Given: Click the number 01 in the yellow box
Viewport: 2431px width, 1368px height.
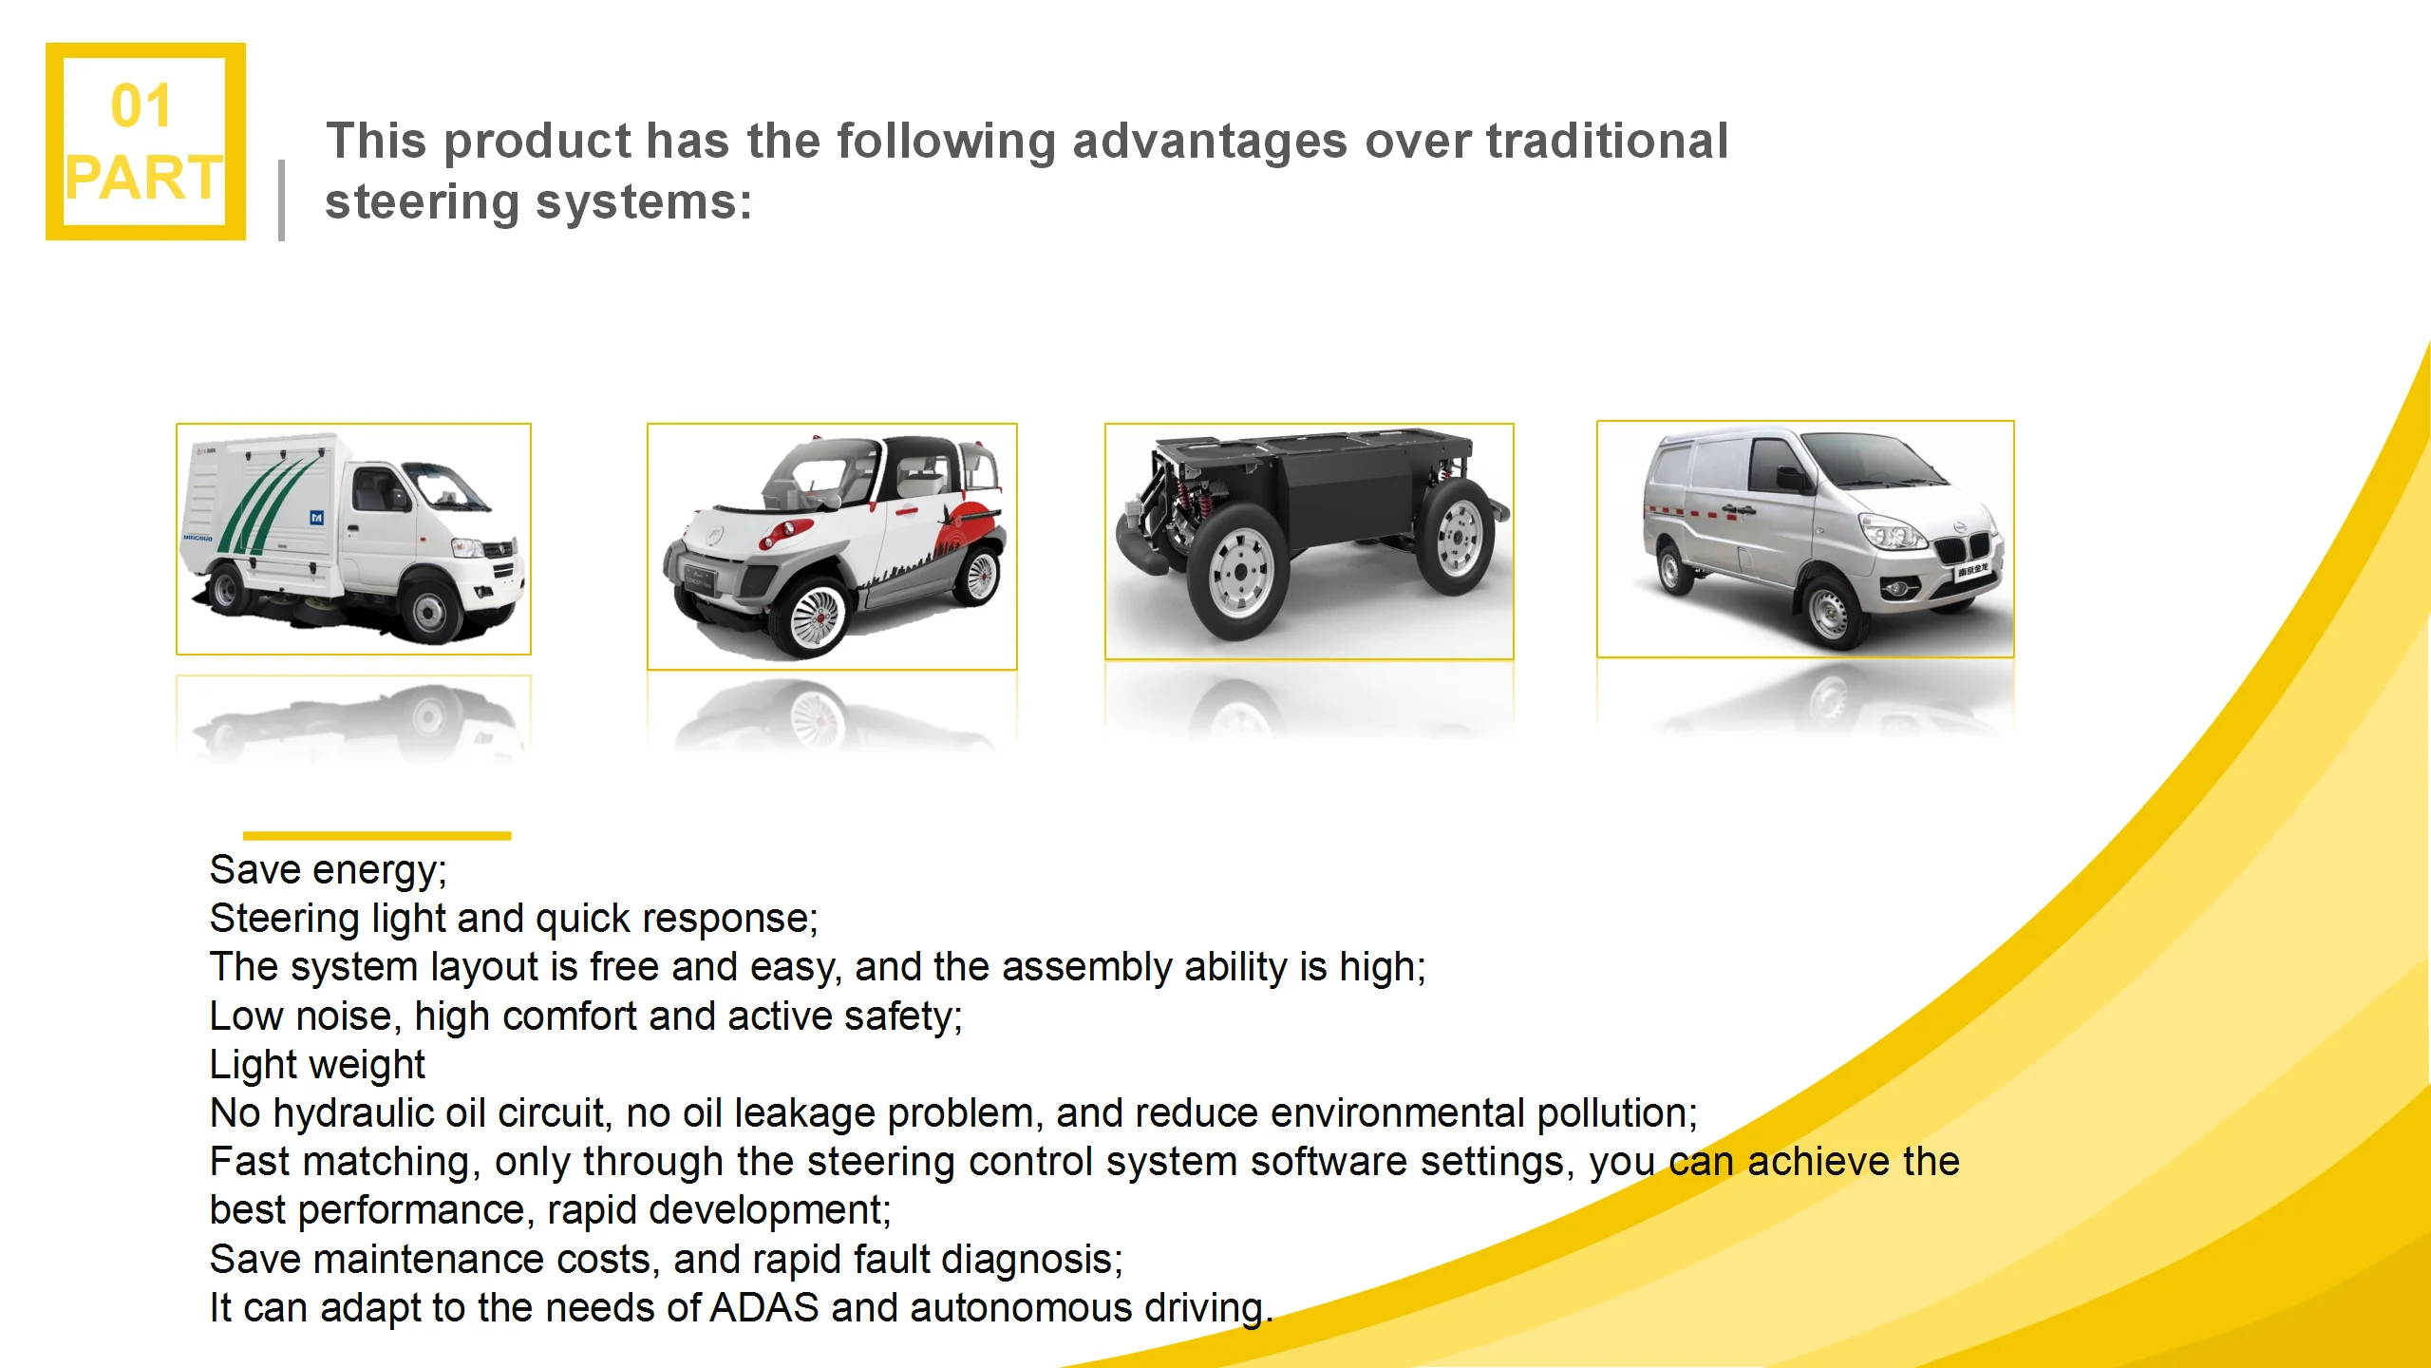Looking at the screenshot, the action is click(x=141, y=105).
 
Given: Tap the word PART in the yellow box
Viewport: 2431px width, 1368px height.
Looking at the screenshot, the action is click(x=144, y=178).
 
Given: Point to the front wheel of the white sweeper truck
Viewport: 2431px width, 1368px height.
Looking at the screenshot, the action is click(x=428, y=610).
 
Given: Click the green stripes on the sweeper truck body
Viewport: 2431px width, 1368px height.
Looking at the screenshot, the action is click(x=271, y=503).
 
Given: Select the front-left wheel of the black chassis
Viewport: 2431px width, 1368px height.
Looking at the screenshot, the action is click(x=1239, y=572).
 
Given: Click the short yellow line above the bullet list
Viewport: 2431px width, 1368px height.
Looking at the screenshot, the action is click(x=377, y=836).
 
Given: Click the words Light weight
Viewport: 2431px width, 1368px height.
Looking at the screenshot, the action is click(x=317, y=1065).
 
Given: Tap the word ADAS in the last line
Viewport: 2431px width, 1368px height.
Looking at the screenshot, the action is click(x=764, y=1308).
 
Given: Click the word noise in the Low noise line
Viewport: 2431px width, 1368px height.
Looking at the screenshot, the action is click(x=344, y=1016).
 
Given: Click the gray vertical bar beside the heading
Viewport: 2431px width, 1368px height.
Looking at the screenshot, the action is click(x=281, y=200).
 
